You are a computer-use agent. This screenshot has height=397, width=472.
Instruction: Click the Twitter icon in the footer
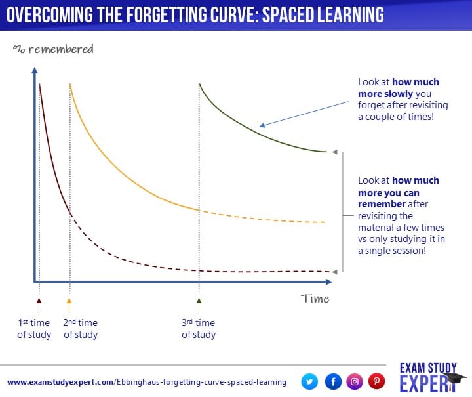[310, 381]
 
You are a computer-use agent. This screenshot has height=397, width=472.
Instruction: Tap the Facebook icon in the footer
[332, 381]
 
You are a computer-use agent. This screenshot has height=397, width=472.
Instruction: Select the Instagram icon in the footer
[355, 381]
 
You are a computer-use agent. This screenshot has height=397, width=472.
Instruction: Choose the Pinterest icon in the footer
[376, 381]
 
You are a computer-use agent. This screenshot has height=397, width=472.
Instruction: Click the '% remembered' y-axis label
[53, 49]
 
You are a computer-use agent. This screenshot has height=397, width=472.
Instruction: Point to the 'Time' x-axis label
[315, 299]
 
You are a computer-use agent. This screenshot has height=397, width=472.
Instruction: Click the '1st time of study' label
[33, 328]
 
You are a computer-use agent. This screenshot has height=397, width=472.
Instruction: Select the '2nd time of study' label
[81, 328]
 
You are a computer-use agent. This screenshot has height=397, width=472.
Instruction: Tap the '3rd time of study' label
[199, 328]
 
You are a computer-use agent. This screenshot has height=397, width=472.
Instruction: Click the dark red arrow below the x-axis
[39, 304]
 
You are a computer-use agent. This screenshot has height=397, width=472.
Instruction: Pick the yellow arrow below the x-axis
[69, 304]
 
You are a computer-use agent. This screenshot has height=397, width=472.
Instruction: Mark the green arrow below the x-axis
[199, 304]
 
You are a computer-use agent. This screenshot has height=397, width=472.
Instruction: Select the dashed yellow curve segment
[262, 218]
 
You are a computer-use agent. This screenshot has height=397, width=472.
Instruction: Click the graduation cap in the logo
[454, 379]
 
